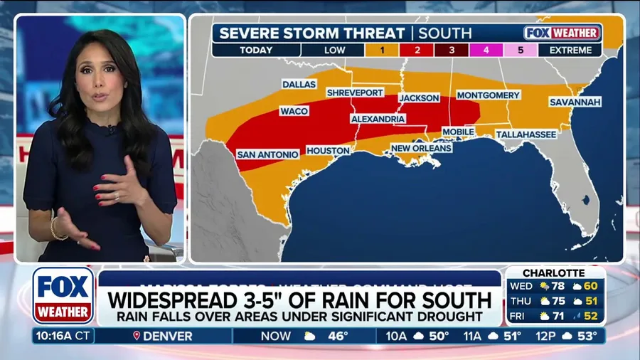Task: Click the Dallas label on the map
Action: click(299, 84)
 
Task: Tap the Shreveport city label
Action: click(354, 92)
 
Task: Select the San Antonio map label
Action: click(267, 154)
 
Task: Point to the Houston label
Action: click(328, 151)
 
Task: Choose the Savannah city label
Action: click(575, 102)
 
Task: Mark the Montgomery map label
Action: click(488, 95)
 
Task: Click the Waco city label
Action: click(294, 112)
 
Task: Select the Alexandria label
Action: click(378, 119)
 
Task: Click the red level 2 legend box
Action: click(417, 51)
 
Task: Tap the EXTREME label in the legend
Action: click(570, 51)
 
